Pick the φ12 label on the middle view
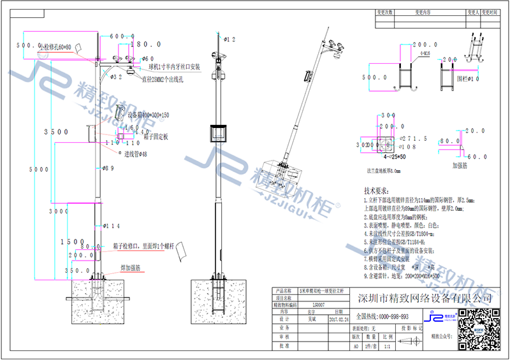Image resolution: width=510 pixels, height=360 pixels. (x=228, y=40)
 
